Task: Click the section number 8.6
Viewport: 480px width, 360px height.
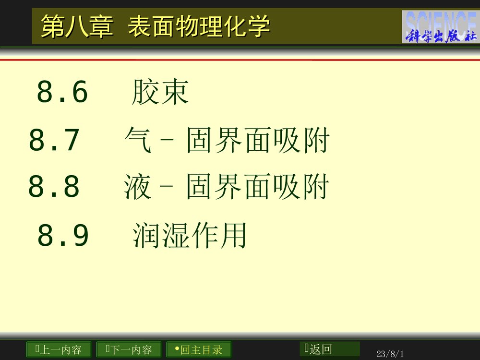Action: (62, 92)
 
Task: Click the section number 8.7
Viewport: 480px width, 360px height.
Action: (54, 141)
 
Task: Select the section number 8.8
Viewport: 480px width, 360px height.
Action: (54, 187)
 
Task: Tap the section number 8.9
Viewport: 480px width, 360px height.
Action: (63, 235)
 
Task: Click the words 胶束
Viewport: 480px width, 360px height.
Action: (160, 92)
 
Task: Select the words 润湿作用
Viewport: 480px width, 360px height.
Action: (190, 235)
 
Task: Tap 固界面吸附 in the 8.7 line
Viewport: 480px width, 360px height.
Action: (258, 141)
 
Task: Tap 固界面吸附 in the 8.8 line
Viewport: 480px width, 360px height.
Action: (258, 187)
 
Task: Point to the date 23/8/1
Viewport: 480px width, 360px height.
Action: (390, 354)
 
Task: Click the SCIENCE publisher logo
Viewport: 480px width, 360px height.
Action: (440, 27)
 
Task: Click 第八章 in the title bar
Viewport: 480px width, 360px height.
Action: (77, 26)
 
